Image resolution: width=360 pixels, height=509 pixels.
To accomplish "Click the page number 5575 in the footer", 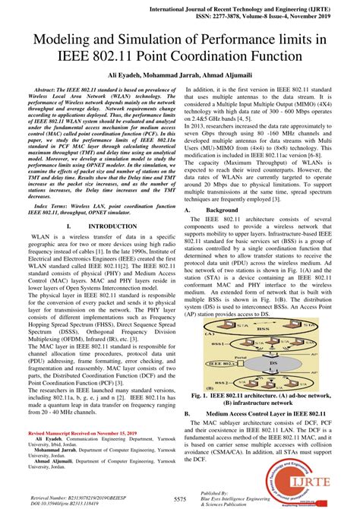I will coord(181,498).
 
